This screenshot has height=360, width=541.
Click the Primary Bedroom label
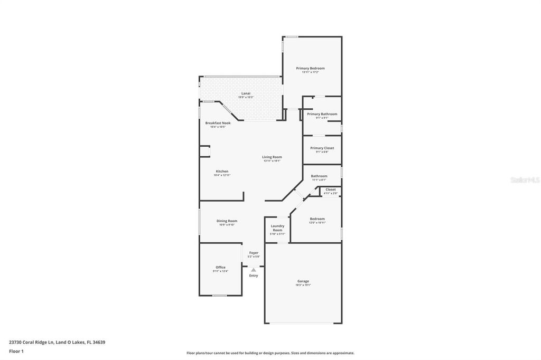(310, 68)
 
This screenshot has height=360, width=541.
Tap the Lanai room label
(246, 93)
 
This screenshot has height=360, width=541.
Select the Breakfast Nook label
(218, 123)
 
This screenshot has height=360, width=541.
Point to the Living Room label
(272, 157)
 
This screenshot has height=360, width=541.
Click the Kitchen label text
(222, 171)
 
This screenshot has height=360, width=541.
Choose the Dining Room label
(227, 221)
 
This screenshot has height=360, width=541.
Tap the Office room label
(220, 267)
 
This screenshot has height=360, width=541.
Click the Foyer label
(254, 253)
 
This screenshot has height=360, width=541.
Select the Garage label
(303, 281)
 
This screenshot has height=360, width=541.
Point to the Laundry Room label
(277, 228)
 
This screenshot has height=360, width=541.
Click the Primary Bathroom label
(322, 114)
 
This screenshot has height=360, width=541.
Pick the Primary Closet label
(322, 148)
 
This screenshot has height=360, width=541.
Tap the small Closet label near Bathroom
(330, 190)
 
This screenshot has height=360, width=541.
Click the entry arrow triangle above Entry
(254, 270)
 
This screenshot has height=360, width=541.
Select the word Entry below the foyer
(254, 276)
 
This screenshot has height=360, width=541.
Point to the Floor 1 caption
(16, 351)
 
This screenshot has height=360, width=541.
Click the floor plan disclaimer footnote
(270, 353)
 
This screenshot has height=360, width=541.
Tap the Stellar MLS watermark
(525, 180)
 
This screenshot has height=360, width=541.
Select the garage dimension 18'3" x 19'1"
(303, 285)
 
